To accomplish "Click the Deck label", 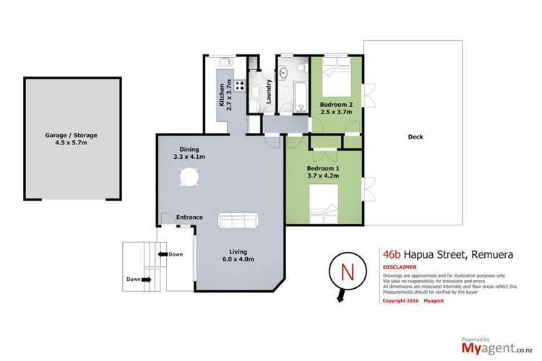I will [415, 136].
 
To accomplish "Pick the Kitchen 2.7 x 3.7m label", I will [225, 94].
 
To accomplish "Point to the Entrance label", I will [189, 217].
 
